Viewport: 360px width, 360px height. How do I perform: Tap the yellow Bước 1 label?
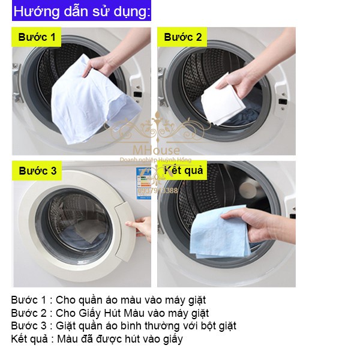37,37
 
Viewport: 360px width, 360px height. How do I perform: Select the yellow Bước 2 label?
182,37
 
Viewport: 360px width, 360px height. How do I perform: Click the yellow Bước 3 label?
37,171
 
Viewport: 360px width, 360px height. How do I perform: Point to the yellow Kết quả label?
183,171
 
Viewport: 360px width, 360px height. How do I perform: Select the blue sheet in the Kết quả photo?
219,231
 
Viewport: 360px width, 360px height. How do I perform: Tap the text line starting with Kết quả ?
97,339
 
